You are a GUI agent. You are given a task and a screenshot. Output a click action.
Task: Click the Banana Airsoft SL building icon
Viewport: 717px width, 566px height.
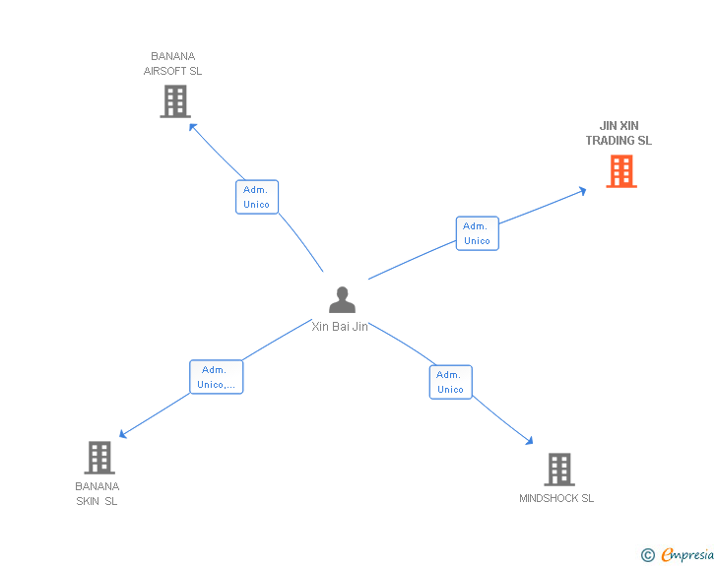[174, 101]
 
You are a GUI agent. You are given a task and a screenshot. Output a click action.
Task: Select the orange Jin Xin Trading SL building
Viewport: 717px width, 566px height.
[620, 171]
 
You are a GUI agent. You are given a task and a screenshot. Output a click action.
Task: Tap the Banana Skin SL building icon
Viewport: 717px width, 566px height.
[99, 457]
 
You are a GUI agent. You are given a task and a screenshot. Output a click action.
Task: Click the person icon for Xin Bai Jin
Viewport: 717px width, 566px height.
[342, 299]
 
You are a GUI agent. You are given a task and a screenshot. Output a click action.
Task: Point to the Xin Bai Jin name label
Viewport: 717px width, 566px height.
[340, 327]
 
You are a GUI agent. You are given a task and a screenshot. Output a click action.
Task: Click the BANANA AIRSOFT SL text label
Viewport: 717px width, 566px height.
[173, 64]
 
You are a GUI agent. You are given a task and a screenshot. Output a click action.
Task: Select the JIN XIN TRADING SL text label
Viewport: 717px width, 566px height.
[619, 133]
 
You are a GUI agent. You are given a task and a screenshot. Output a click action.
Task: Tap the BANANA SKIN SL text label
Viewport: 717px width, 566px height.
[97, 493]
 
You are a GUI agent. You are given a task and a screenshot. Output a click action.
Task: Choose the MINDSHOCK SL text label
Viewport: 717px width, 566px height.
[556, 498]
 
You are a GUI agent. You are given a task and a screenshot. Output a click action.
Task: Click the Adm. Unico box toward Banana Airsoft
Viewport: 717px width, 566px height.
[257, 197]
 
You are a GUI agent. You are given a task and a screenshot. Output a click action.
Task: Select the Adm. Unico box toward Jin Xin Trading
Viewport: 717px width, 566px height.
[477, 233]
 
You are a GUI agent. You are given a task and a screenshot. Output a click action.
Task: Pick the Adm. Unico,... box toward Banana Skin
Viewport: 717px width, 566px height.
[216, 377]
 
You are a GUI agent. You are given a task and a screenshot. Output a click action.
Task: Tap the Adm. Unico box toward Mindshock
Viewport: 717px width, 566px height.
[450, 382]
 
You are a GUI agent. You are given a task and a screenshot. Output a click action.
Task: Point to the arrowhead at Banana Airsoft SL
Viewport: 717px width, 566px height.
[193, 126]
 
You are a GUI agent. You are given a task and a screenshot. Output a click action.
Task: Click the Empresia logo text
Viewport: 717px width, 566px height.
[687, 555]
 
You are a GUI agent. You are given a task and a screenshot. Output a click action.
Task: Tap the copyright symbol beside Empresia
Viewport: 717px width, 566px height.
[648, 555]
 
